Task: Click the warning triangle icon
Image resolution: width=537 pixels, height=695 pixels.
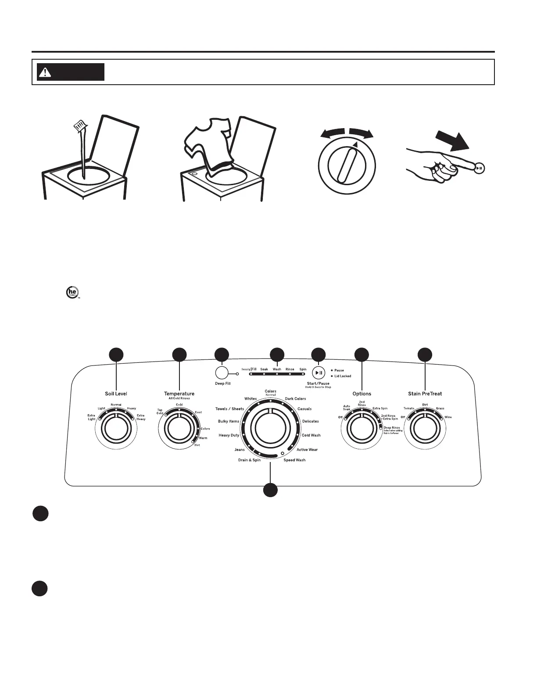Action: pyautogui.click(x=44, y=72)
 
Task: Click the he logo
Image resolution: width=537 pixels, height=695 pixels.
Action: pyautogui.click(x=70, y=292)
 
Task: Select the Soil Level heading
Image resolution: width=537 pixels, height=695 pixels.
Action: pyautogui.click(x=116, y=394)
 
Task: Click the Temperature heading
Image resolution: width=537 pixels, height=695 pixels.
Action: pyautogui.click(x=179, y=394)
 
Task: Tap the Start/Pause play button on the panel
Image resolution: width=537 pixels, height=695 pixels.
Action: pyautogui.click(x=319, y=373)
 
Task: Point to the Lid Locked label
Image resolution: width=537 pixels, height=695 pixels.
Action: pyautogui.click(x=343, y=376)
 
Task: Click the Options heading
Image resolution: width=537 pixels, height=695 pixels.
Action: pyautogui.click(x=362, y=394)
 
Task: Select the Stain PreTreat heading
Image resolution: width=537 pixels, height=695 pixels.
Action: pyautogui.click(x=425, y=394)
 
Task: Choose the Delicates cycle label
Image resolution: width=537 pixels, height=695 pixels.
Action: pyautogui.click(x=310, y=421)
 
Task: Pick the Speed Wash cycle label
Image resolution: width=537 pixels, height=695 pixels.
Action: pyautogui.click(x=294, y=460)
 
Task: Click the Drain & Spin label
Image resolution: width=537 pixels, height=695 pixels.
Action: pyautogui.click(x=249, y=460)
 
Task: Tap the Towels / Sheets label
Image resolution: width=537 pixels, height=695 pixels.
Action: pyautogui.click(x=229, y=409)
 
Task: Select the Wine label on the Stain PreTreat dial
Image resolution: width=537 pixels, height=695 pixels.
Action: pyautogui.click(x=448, y=417)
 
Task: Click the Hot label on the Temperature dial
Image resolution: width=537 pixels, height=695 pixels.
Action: pyautogui.click(x=197, y=445)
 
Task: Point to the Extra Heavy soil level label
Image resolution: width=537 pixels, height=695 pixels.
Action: pyautogui.click(x=140, y=417)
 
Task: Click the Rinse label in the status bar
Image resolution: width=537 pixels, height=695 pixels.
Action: pyautogui.click(x=290, y=369)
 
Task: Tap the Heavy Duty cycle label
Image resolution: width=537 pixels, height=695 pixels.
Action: pyautogui.click(x=229, y=435)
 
